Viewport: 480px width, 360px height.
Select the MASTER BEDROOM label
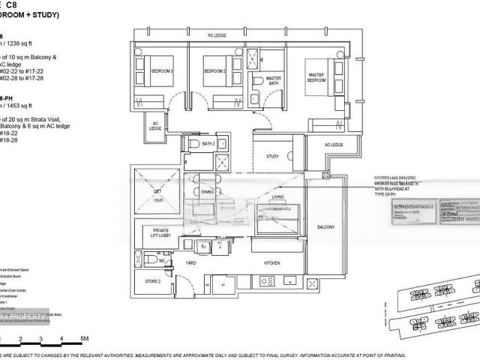click(315, 78)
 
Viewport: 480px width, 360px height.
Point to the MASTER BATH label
click(274, 79)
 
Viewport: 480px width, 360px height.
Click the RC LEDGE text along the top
click(217, 35)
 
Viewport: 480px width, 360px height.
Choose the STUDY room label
click(273, 157)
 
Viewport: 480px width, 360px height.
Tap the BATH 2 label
click(208, 143)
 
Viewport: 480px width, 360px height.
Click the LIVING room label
click(277, 197)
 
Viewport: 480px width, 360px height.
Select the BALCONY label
click(325, 227)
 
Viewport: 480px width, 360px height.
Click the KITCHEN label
click(271, 263)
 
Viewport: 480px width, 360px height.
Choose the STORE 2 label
click(153, 281)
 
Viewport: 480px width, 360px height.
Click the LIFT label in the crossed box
click(157, 192)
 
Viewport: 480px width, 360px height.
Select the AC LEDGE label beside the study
click(334, 145)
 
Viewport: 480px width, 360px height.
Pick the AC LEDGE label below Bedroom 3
click(156, 127)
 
